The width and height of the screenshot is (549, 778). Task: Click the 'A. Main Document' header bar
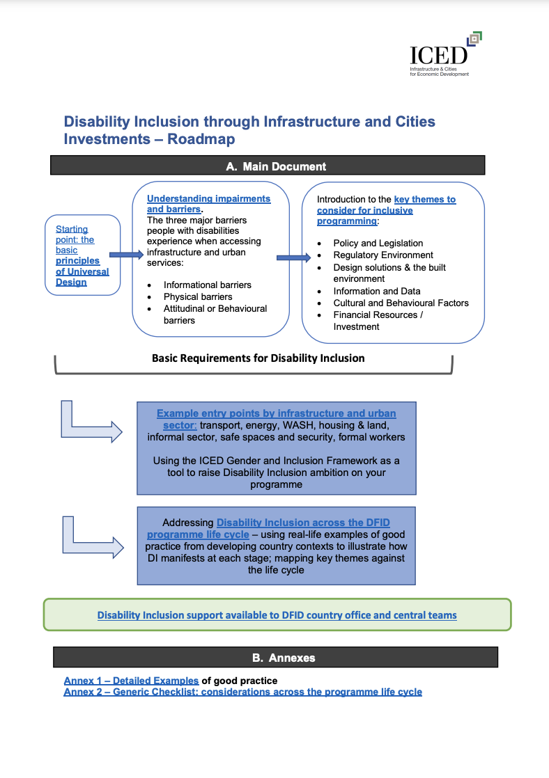click(267, 166)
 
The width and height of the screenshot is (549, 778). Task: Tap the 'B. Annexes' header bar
click(275, 657)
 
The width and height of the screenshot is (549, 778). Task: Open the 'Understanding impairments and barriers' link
click(208, 204)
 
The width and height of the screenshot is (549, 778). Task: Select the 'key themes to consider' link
click(386, 209)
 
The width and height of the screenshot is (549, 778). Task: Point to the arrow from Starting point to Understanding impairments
click(126, 255)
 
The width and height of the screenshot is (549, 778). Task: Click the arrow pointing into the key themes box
click(293, 257)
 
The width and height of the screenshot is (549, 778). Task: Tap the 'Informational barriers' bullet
click(207, 285)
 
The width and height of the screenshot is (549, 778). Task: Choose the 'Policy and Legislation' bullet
click(378, 243)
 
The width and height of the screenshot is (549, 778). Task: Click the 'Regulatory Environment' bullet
click(383, 255)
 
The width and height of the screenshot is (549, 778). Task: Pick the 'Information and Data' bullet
click(376, 291)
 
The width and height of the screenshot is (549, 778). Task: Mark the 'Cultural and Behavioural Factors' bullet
click(401, 303)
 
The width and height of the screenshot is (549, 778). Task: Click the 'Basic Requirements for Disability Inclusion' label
click(258, 358)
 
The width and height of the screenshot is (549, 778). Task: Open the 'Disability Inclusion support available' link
click(277, 615)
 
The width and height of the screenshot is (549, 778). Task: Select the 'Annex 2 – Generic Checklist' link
click(242, 692)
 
